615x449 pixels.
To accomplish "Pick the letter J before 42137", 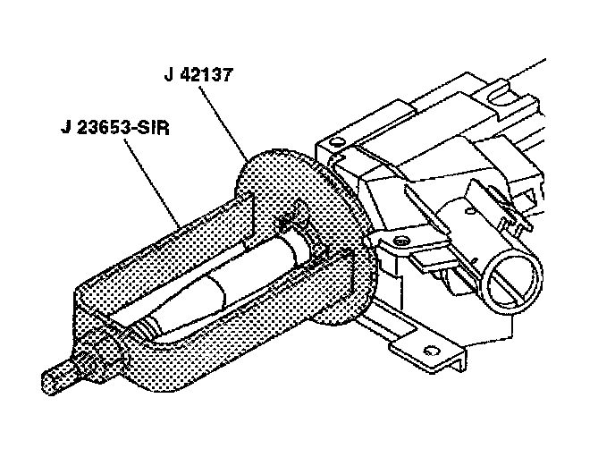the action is (x=170, y=75).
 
